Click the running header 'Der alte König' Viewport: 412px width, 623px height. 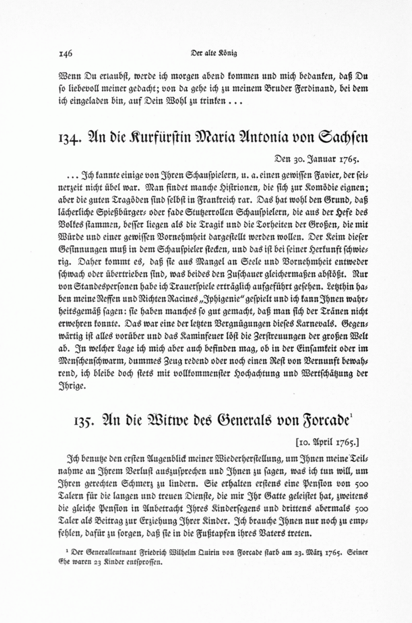(214, 53)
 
